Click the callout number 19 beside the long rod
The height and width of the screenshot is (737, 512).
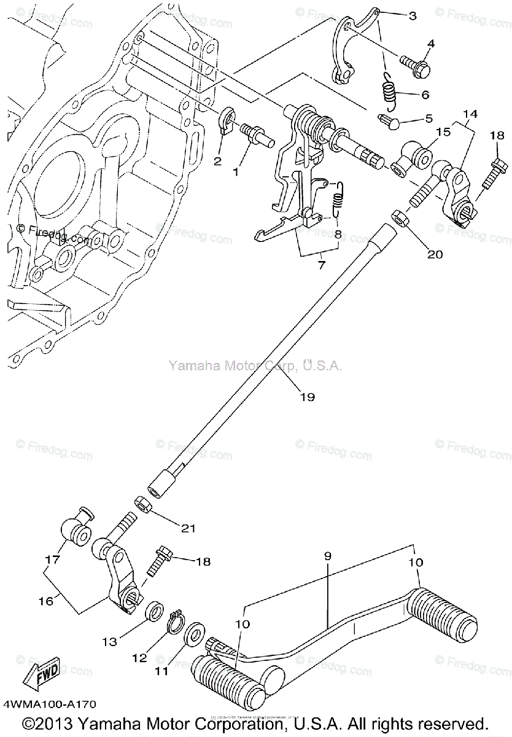click(x=307, y=397)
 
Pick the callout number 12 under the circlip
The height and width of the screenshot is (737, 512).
click(x=140, y=657)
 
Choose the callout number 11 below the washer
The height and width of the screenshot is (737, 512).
click(x=161, y=671)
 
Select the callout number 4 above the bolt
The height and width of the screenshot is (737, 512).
click(x=431, y=44)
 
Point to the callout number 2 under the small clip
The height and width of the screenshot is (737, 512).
click(x=217, y=161)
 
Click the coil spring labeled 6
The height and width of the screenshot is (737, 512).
click(x=388, y=91)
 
